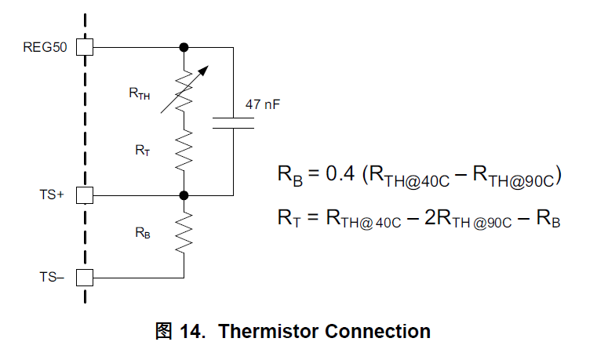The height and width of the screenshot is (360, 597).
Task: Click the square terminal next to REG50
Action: pos(85,47)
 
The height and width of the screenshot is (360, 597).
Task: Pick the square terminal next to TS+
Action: pos(85,195)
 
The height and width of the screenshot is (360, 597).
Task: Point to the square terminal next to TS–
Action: pos(85,277)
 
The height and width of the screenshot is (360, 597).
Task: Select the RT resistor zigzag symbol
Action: pos(184,151)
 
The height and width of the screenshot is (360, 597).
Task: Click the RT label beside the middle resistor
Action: pos(142,150)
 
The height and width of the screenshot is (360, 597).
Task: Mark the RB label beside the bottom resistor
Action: pos(142,232)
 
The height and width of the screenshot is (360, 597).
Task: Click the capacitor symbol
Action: pos(234,122)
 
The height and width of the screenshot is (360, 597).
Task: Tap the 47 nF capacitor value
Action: pos(264,104)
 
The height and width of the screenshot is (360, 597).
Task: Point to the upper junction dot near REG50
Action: pos(184,47)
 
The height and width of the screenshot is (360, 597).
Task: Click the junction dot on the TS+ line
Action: pos(184,195)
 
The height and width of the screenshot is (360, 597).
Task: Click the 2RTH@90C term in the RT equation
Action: pos(457,219)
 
